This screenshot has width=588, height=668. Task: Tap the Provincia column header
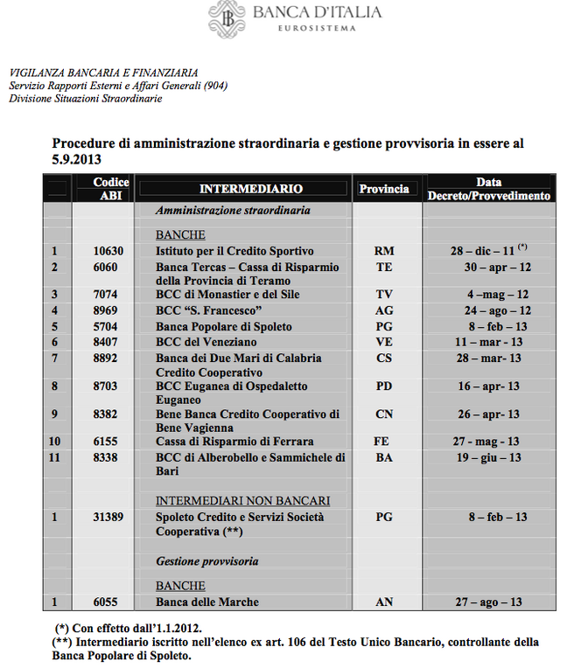coord(383,189)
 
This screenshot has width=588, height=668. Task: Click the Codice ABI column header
coord(111,189)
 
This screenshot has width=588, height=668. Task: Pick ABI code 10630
coord(108,251)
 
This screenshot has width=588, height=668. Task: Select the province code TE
coord(383,267)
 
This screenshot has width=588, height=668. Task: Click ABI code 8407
coord(108,342)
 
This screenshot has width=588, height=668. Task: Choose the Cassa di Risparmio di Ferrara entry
coord(234,442)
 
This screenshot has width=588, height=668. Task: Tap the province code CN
coord(383,414)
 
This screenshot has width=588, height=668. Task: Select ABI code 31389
coord(108,517)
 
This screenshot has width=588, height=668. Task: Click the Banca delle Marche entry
coord(207,602)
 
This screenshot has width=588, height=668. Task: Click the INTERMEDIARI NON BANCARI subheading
coord(242,501)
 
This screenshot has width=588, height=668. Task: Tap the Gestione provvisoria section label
coord(207,560)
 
